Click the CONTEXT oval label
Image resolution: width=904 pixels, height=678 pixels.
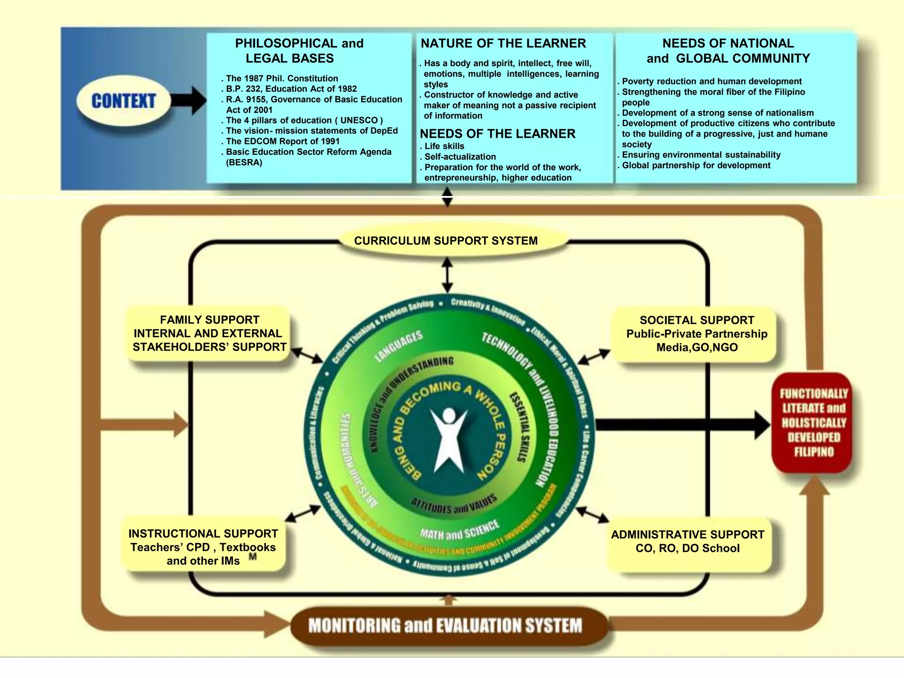tap(124, 101)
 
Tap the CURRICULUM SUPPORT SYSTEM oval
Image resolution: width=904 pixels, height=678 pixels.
tap(446, 241)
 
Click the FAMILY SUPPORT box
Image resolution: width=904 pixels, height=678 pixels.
tap(209, 334)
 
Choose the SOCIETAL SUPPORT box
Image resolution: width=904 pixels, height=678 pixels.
tap(697, 334)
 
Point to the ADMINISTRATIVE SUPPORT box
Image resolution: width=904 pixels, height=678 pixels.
tap(687, 542)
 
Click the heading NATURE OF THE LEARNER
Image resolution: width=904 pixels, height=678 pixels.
tap(503, 43)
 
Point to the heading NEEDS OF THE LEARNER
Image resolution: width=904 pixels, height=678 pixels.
tap(497, 134)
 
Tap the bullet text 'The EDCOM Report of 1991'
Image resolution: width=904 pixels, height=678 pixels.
tap(282, 141)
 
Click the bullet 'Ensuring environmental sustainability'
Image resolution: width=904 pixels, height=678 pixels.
tap(701, 155)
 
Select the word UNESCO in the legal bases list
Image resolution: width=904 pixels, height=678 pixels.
tap(359, 121)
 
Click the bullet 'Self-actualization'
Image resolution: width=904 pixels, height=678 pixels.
tap(460, 157)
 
